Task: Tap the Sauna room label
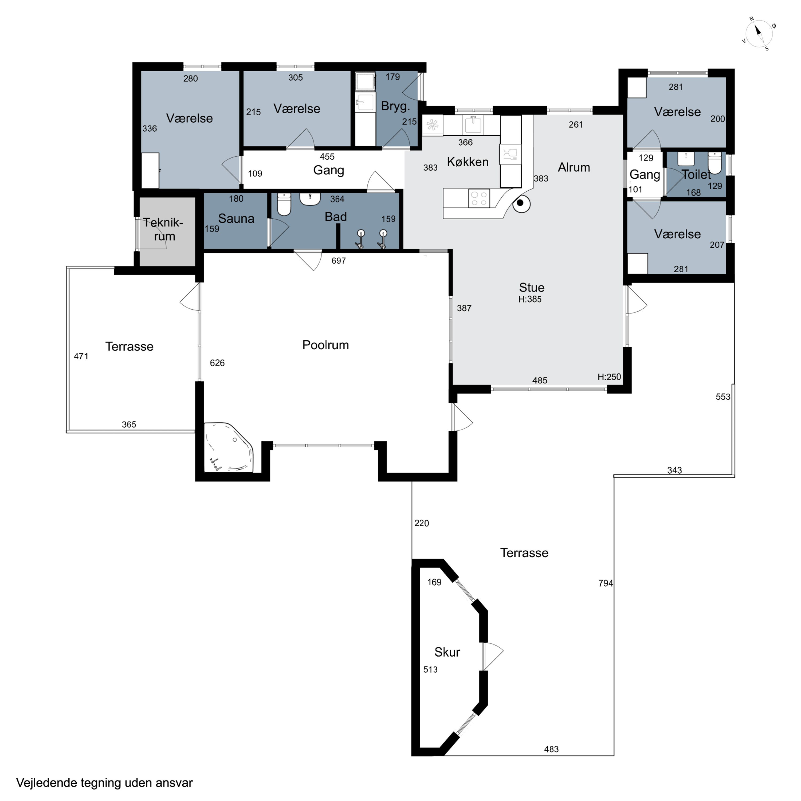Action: pyautogui.click(x=236, y=218)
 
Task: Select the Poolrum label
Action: pyautogui.click(x=325, y=345)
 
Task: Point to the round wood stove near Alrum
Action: pyautogui.click(x=521, y=203)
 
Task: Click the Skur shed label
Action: pyautogui.click(x=447, y=652)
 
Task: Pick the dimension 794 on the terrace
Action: pyautogui.click(x=605, y=583)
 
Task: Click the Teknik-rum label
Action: pyautogui.click(x=163, y=229)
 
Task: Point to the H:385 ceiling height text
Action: pyautogui.click(x=530, y=299)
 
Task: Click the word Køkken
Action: pyautogui.click(x=468, y=162)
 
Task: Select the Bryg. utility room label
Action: pyautogui.click(x=395, y=107)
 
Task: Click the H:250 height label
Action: pyautogui.click(x=609, y=377)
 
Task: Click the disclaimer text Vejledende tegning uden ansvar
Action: pyautogui.click(x=104, y=783)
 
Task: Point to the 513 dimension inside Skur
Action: pyautogui.click(x=430, y=670)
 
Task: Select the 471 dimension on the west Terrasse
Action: pyautogui.click(x=81, y=356)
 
